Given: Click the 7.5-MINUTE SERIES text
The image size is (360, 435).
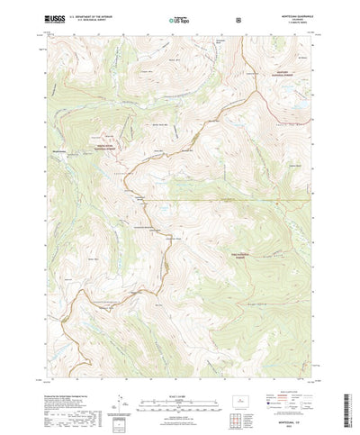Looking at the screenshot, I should pos(291,21).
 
